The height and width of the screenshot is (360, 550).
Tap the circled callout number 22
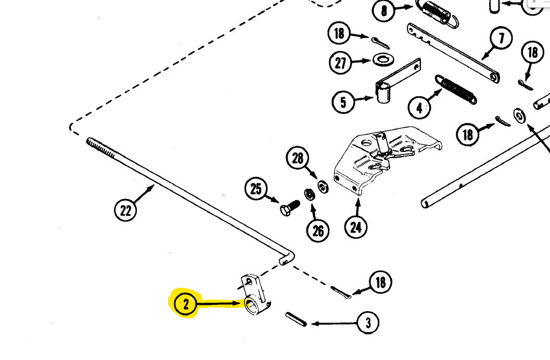(x=126, y=211)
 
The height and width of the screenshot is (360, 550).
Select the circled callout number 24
(x=356, y=226)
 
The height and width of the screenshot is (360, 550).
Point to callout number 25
(x=256, y=189)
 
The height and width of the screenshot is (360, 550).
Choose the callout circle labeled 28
(x=298, y=158)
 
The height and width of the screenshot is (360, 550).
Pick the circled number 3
(x=368, y=323)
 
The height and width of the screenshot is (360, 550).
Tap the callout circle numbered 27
(x=340, y=63)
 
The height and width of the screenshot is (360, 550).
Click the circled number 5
(x=343, y=101)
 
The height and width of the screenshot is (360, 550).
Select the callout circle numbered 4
(x=420, y=108)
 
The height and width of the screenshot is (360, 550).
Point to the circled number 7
(x=501, y=38)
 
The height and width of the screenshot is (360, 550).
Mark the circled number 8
(x=384, y=11)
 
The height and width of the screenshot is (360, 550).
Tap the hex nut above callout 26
(x=309, y=195)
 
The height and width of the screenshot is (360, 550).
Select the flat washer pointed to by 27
(x=383, y=58)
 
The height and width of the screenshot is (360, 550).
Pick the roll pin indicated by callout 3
(x=295, y=318)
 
